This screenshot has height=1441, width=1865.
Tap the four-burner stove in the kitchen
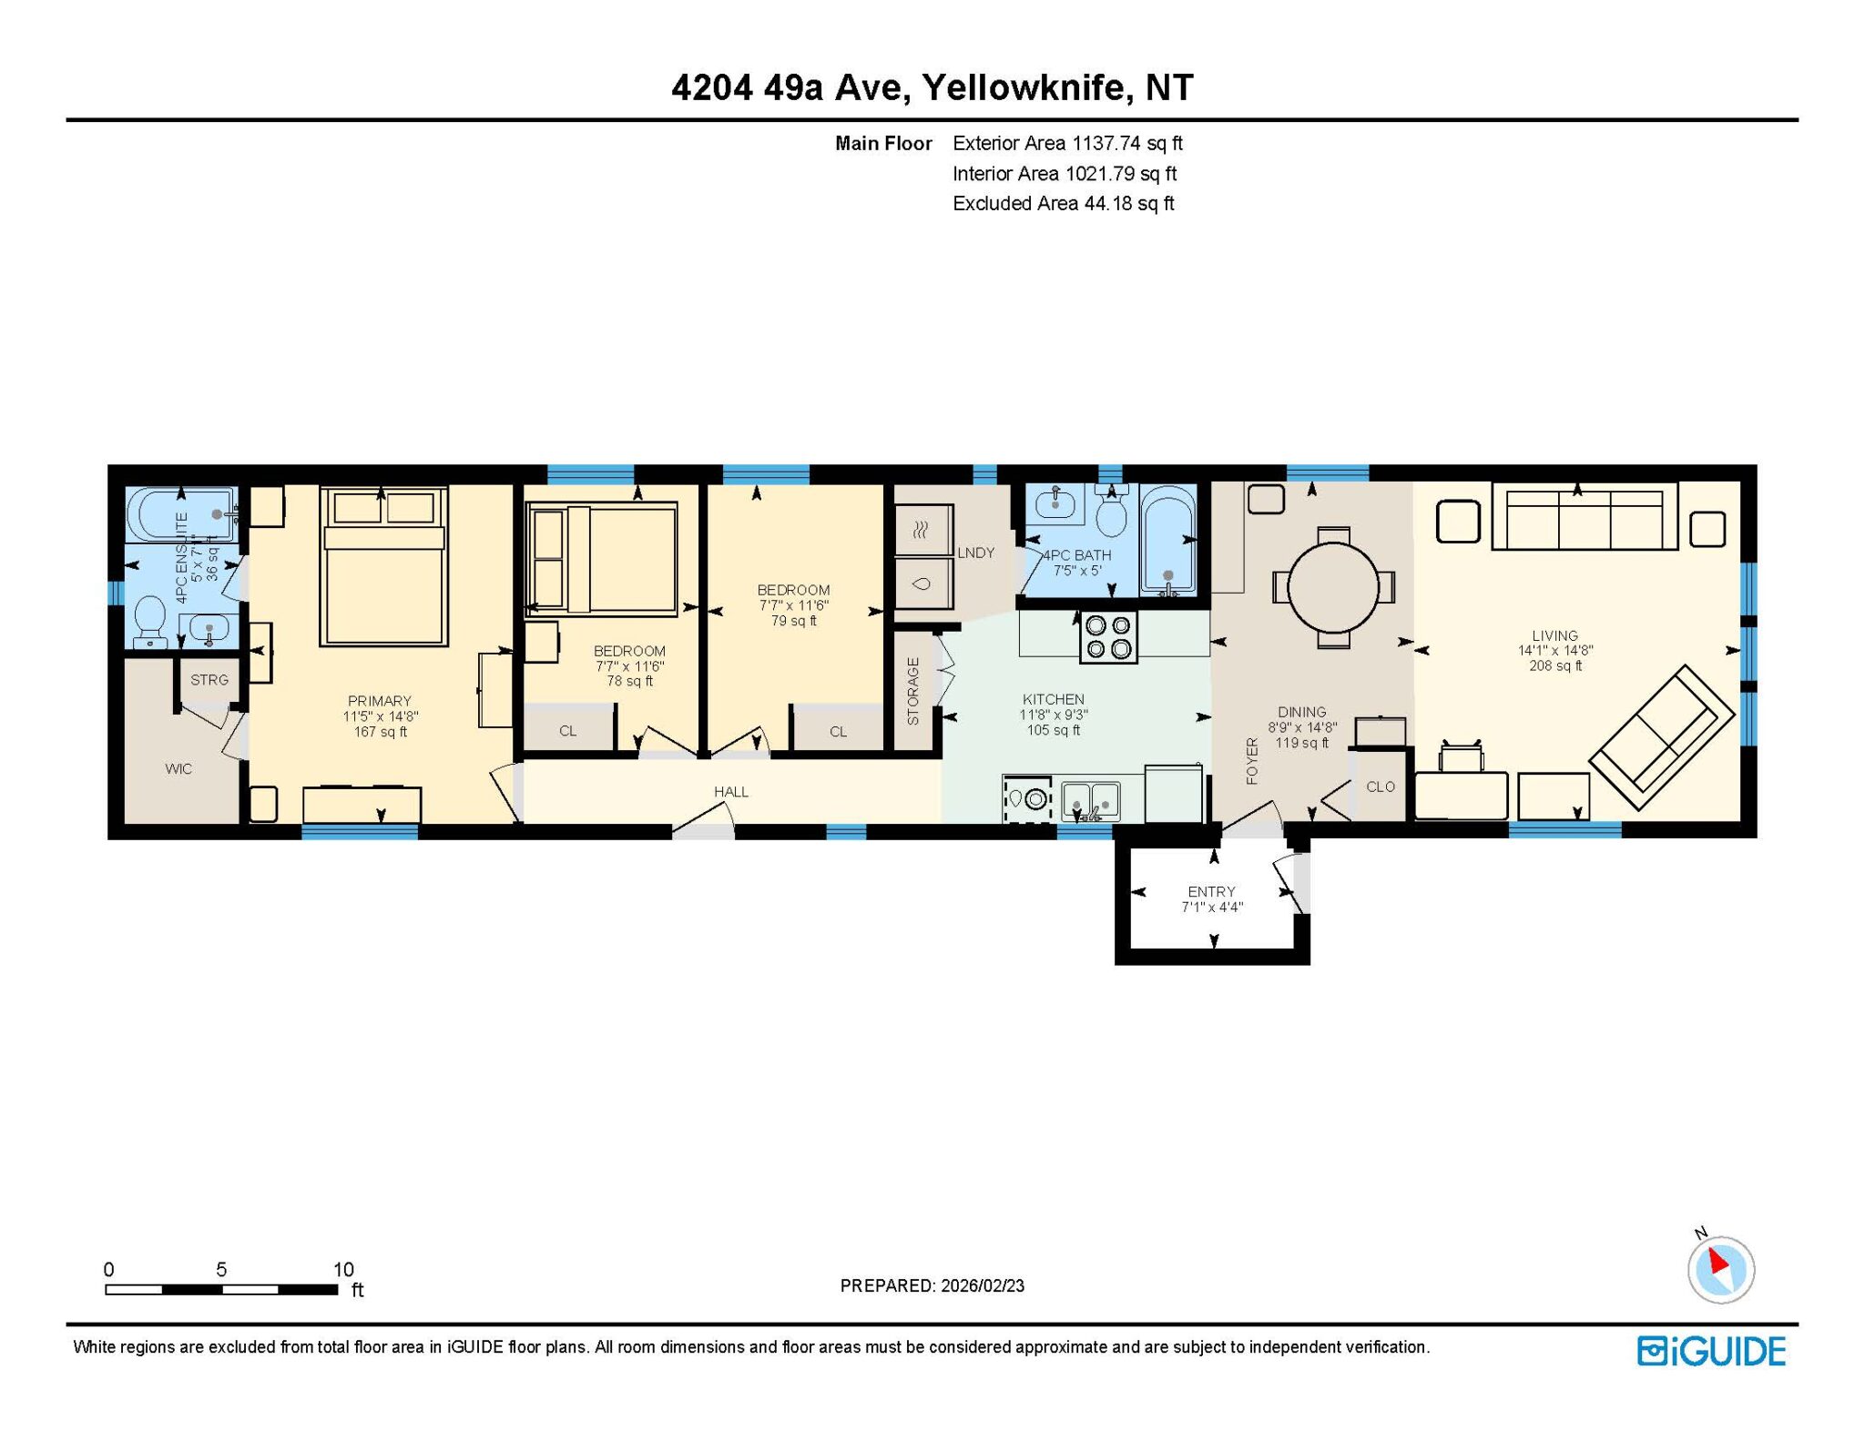click(1108, 636)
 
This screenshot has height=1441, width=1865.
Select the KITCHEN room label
click(1054, 699)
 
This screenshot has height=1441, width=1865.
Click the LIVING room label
click(1554, 635)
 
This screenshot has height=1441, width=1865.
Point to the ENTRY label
click(1211, 891)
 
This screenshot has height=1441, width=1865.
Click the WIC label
click(178, 769)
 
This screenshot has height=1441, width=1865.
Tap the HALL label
click(731, 792)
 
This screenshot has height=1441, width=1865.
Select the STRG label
click(209, 680)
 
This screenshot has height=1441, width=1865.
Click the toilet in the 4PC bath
click(1111, 512)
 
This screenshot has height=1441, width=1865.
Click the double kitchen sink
click(1091, 800)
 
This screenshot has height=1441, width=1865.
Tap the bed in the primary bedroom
click(383, 565)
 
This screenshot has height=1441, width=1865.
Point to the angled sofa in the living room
click(1662, 737)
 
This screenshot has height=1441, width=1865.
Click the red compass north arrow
click(1717, 1262)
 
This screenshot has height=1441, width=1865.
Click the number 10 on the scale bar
click(343, 1269)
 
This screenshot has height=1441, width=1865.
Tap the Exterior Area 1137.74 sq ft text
click(1067, 143)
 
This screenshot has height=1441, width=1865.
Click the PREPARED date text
click(932, 1285)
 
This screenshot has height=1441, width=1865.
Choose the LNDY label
click(975, 553)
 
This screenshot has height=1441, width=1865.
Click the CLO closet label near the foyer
click(1381, 786)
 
